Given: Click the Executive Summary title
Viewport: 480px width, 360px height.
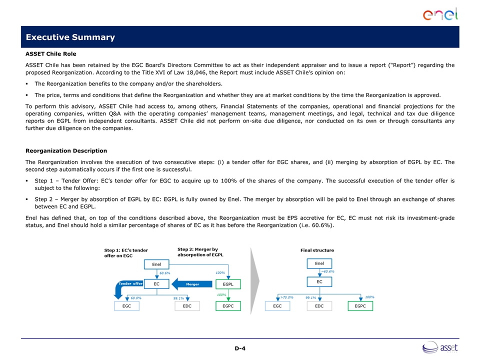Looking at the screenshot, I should [x=70, y=37].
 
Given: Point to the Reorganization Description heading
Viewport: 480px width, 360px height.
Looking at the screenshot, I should [x=66, y=150].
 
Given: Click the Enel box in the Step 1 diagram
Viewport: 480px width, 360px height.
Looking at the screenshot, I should [x=156, y=264].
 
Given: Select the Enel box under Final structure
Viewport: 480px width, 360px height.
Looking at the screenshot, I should [x=319, y=263].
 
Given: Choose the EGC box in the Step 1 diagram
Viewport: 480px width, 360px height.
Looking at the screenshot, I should [x=127, y=306].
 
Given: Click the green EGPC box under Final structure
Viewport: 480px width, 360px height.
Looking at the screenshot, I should [x=360, y=305].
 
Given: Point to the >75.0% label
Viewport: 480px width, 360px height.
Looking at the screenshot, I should [x=287, y=297].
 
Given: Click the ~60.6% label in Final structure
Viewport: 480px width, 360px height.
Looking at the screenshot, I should [x=327, y=271].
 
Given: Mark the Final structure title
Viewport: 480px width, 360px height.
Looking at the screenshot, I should [x=317, y=250].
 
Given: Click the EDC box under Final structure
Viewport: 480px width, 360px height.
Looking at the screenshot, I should [x=319, y=305].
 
